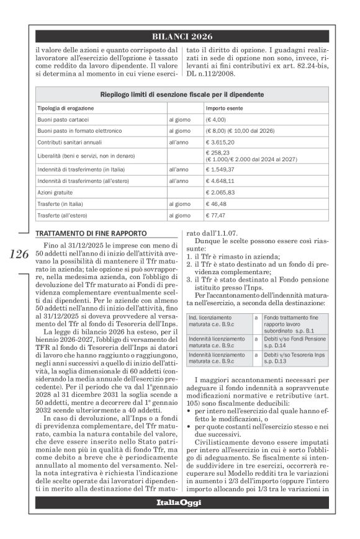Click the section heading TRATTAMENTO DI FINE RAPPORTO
[x=91, y=233]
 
